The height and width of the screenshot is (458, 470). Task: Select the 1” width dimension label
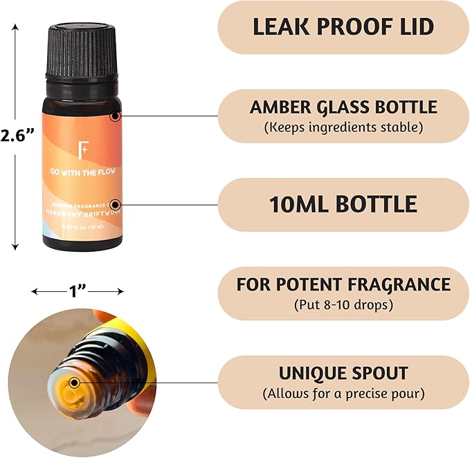click(x=76, y=291)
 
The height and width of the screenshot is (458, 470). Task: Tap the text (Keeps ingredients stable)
click(x=343, y=127)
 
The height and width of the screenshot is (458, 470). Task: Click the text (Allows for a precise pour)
click(x=343, y=394)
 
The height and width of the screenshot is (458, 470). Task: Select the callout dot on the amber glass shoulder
click(x=115, y=117)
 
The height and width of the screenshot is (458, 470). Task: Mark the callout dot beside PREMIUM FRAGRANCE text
click(x=115, y=205)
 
